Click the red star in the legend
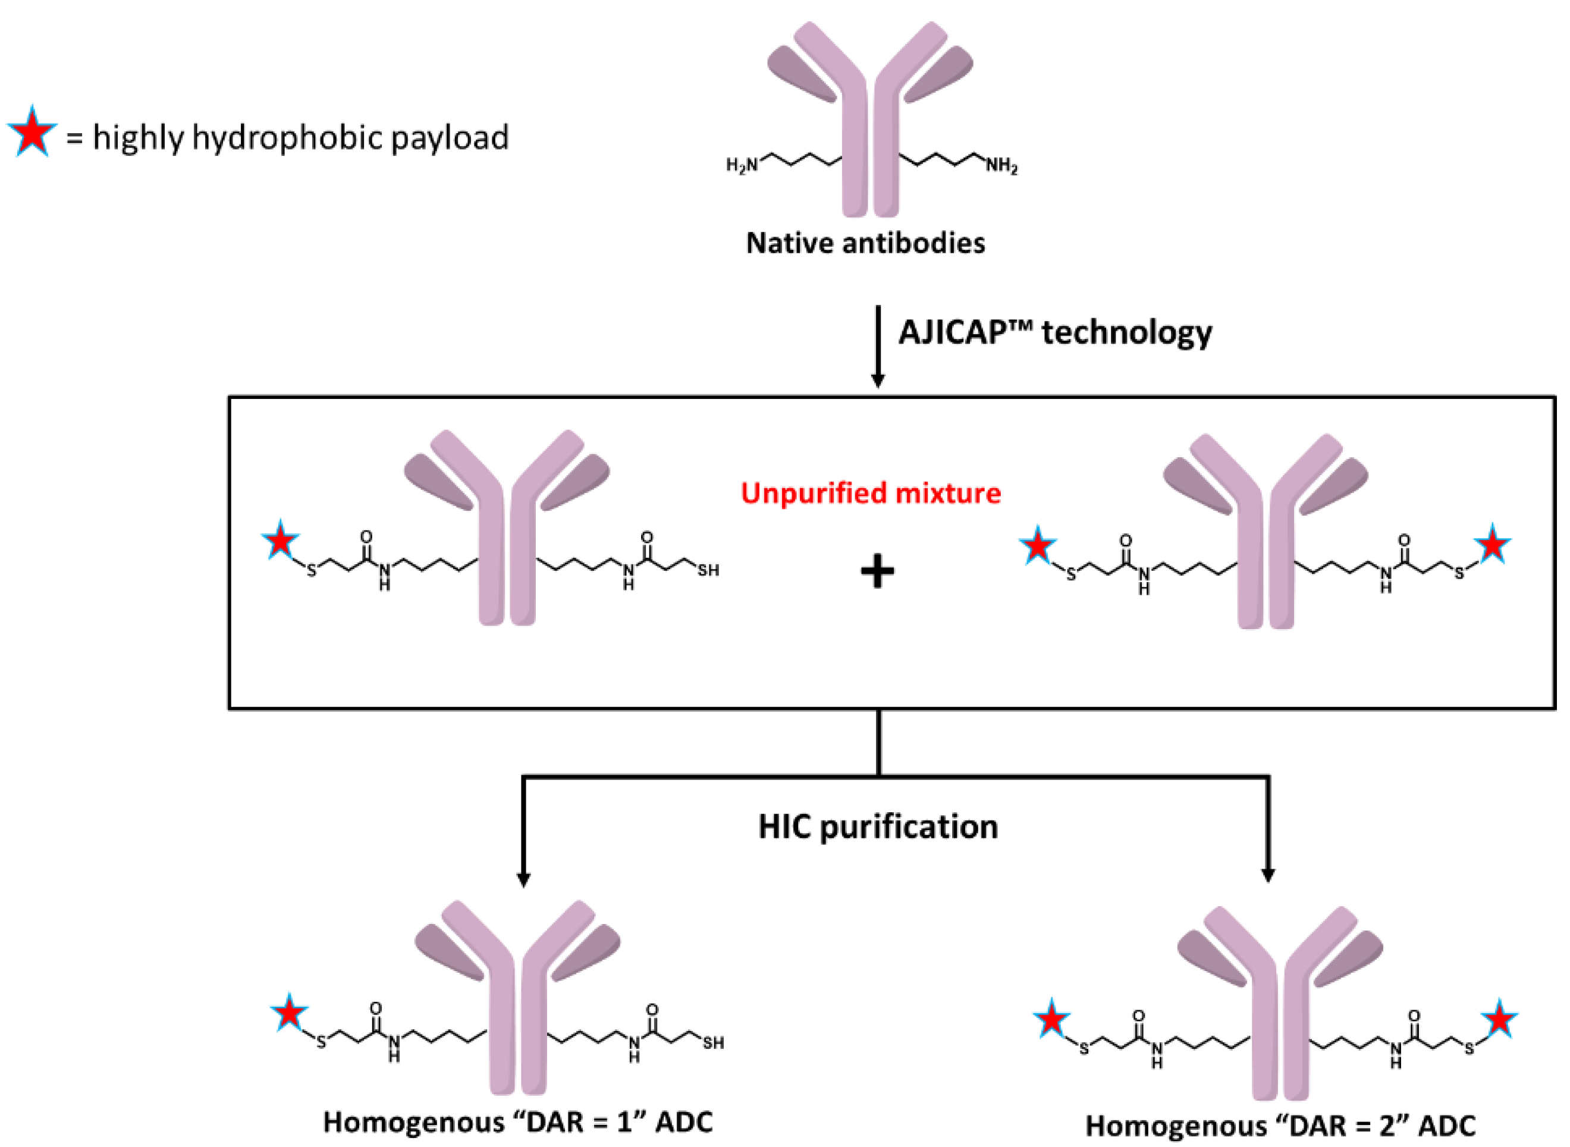click(x=32, y=133)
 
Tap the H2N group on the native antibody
click(x=742, y=165)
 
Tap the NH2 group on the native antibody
click(x=1001, y=166)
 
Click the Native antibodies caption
click(x=865, y=243)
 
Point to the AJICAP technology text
click(x=1055, y=332)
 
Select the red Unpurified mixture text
click(x=871, y=493)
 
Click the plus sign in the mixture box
click(x=877, y=571)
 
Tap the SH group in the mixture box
click(x=708, y=571)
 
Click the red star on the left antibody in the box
click(x=281, y=540)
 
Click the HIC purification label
click(x=878, y=827)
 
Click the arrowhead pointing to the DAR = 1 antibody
click(x=523, y=878)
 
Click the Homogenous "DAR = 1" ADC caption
click(x=518, y=1123)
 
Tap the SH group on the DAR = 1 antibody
click(x=712, y=1043)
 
